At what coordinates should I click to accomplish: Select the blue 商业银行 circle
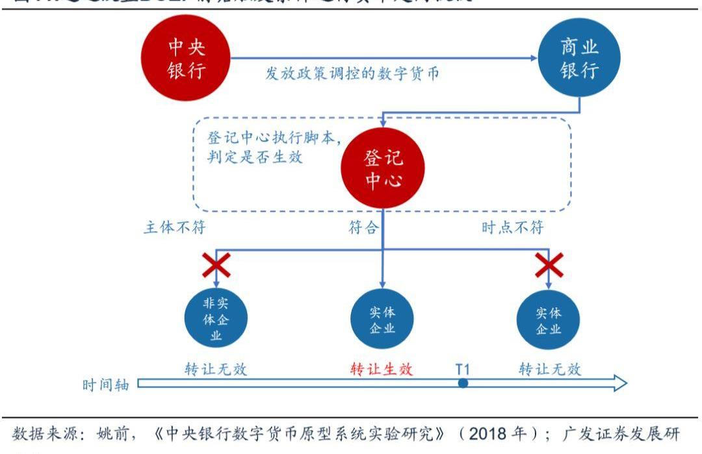point(579,58)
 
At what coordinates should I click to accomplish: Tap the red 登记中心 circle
point(383,168)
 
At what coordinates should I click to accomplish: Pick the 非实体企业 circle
point(216,318)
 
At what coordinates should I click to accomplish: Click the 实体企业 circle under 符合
point(382,319)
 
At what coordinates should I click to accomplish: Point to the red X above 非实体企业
point(216,265)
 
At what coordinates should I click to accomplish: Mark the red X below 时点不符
point(549,265)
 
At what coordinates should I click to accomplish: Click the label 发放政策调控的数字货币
point(352,74)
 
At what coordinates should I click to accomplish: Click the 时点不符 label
point(513,228)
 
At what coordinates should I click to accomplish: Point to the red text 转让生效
point(382,369)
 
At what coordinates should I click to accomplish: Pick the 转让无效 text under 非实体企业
point(216,369)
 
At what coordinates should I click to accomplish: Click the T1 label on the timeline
point(462,369)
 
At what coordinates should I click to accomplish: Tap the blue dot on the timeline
point(463,384)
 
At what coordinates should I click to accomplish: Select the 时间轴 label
point(106,385)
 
